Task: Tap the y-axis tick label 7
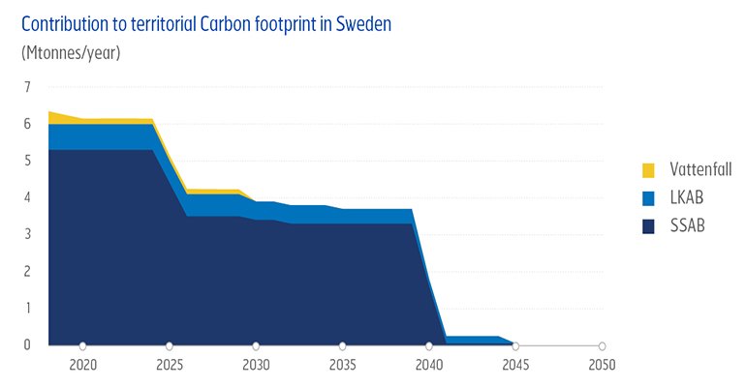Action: pyautogui.click(x=27, y=88)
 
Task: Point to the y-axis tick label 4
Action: pyautogui.click(x=27, y=197)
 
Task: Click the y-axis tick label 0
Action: pyautogui.click(x=27, y=344)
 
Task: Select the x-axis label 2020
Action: pyautogui.click(x=82, y=366)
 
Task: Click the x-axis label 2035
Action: pyautogui.click(x=342, y=366)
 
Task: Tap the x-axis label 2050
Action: pyautogui.click(x=602, y=366)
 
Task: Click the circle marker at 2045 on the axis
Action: pyautogui.click(x=515, y=345)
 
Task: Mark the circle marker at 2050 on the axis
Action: pyautogui.click(x=602, y=345)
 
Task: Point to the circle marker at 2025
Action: pyautogui.click(x=170, y=345)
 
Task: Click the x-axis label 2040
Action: pyautogui.click(x=429, y=366)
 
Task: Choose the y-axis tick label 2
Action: pyautogui.click(x=27, y=271)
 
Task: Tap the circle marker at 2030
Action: pyautogui.click(x=256, y=345)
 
